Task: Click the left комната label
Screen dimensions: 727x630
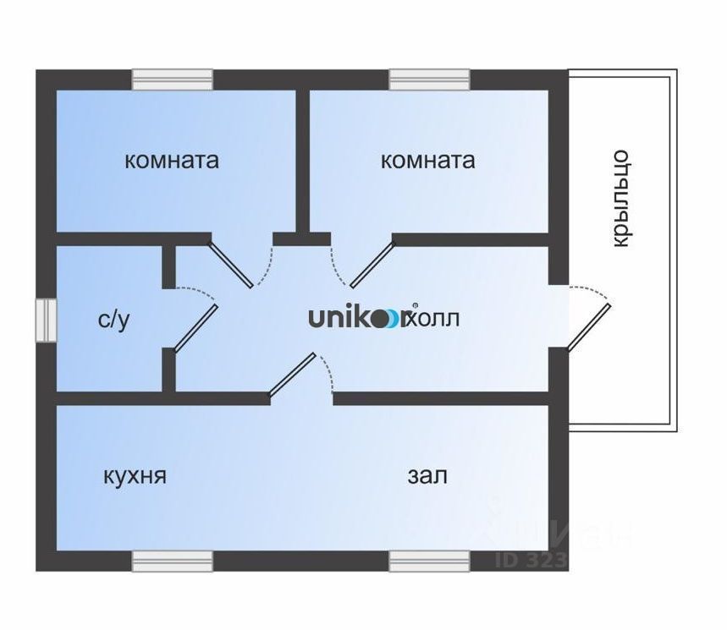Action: tap(172, 160)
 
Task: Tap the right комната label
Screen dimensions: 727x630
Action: tap(427, 160)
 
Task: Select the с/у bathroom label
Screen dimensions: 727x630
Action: tap(114, 320)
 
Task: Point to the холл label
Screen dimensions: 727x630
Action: tap(436, 319)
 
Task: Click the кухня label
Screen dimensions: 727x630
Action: tap(134, 476)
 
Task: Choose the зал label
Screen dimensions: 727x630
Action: tap(427, 476)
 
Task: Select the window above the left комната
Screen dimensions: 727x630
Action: tap(172, 79)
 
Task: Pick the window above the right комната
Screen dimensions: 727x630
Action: tap(429, 79)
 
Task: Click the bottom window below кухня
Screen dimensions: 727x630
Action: tap(172, 562)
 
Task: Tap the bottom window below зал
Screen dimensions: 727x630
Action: tap(429, 562)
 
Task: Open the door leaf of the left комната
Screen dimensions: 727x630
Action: tap(230, 265)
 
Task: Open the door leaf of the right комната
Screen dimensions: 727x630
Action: tap(373, 265)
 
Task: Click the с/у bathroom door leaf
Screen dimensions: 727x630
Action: tap(196, 328)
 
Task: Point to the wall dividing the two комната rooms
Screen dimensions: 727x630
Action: tap(301, 161)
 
